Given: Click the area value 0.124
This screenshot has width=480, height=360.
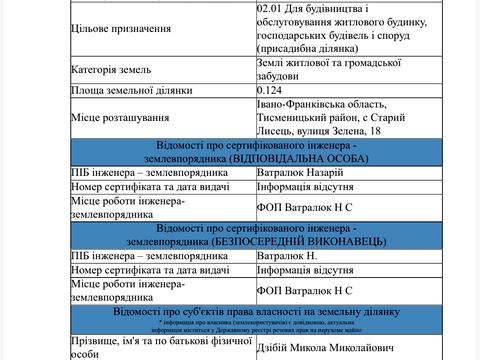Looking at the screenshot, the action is click(x=272, y=90).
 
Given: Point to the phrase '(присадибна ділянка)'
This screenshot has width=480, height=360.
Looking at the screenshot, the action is click(x=314, y=47).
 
